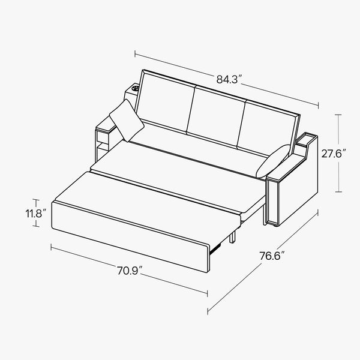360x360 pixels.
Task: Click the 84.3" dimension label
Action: (x=229, y=79)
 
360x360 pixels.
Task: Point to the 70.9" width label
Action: (x=130, y=271)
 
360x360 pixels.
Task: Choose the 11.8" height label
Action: (x=36, y=214)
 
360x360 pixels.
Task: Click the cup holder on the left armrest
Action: (x=135, y=88)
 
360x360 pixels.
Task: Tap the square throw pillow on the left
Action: (x=127, y=120)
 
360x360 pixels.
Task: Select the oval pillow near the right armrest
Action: (x=273, y=161)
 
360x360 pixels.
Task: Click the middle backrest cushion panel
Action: (x=217, y=116)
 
